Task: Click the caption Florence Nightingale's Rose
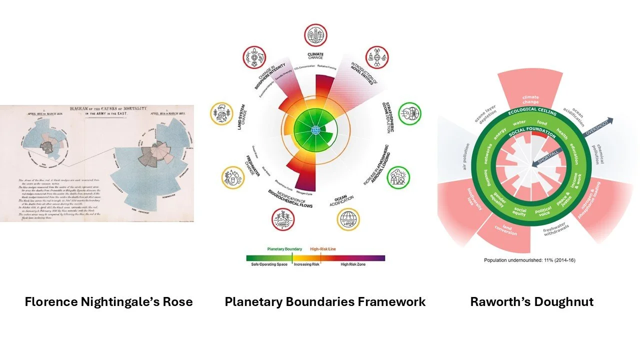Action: click(x=108, y=302)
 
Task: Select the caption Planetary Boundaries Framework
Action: click(x=325, y=302)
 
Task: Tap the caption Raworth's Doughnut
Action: click(x=532, y=302)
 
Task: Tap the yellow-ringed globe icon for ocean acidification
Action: click(x=348, y=219)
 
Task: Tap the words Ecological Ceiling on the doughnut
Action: click(x=532, y=111)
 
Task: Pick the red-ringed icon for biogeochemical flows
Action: click(x=283, y=219)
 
